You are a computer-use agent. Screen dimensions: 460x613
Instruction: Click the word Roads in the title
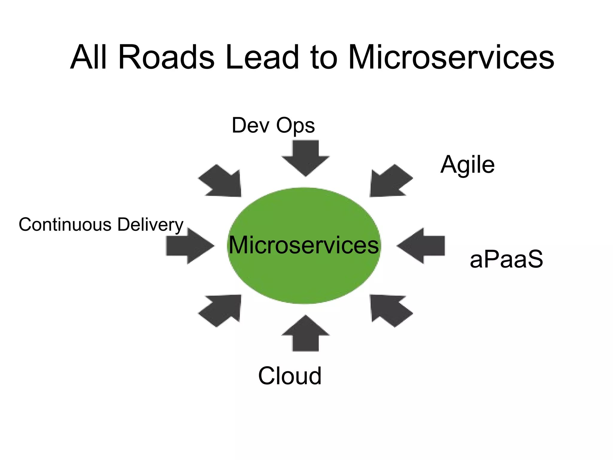[x=166, y=57]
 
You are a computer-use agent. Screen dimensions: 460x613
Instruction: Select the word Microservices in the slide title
[x=451, y=57]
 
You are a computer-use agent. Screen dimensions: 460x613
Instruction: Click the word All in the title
[x=88, y=57]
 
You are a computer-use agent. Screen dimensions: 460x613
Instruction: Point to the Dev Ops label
[x=273, y=125]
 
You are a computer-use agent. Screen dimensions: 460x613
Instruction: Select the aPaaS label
[x=506, y=259]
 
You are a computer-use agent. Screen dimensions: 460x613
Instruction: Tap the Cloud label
[x=290, y=376]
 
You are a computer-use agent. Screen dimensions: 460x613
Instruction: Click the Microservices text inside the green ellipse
[x=304, y=245]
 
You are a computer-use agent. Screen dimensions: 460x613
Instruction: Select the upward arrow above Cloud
[x=305, y=334]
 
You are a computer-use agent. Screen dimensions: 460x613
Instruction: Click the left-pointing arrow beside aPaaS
[x=422, y=246]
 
